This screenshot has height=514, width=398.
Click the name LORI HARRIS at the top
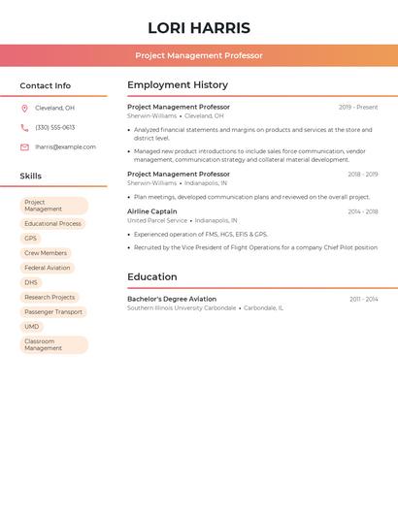(199, 28)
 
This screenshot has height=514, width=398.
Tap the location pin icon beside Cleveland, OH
(24, 109)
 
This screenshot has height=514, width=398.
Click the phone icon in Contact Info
(24, 128)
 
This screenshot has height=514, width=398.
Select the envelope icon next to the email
(24, 147)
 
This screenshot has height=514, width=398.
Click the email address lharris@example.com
(65, 147)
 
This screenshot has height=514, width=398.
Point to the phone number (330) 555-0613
(54, 128)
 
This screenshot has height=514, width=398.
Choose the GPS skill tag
(31, 239)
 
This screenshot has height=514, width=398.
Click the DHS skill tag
(31, 282)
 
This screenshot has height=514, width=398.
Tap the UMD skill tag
(32, 327)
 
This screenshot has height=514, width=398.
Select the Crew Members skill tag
(46, 253)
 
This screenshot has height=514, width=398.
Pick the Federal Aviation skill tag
(48, 268)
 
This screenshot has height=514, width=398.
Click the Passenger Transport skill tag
(53, 312)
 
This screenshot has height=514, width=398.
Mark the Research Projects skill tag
(50, 298)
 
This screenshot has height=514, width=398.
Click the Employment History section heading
(178, 85)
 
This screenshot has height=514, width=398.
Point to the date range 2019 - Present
(358, 108)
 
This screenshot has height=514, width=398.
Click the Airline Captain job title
(152, 211)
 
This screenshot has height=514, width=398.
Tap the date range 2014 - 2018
(363, 211)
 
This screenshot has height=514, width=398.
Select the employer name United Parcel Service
(157, 220)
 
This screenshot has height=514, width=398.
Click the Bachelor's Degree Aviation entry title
(172, 299)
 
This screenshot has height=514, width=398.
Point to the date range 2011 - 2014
(364, 300)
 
